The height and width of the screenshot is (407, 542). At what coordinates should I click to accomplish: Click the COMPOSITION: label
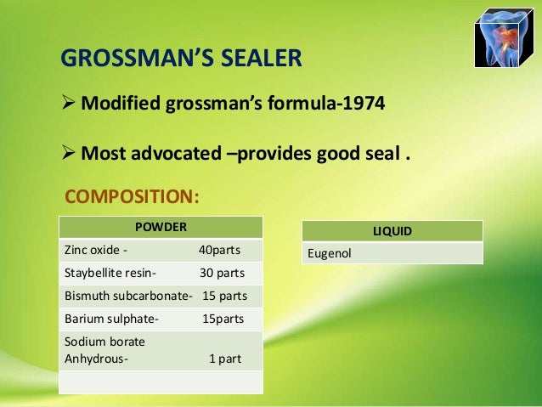tap(133, 197)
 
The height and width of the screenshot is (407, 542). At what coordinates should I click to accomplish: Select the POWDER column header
tap(161, 227)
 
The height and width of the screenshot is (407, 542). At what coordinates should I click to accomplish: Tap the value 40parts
tap(219, 251)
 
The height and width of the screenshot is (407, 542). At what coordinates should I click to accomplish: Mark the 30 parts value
tap(222, 274)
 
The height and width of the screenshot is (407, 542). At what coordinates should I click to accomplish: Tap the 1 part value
tap(225, 359)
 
